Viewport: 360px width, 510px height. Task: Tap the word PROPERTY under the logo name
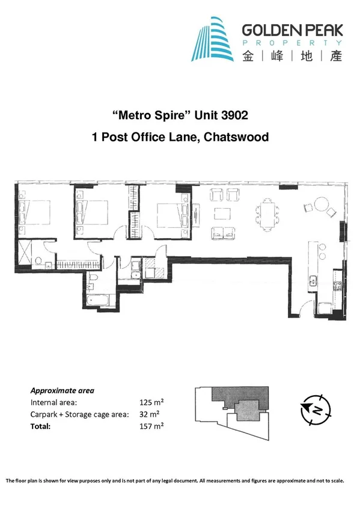292,43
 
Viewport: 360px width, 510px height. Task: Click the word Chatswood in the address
236,137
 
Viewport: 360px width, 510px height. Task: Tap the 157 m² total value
151,426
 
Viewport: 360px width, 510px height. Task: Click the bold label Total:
41,426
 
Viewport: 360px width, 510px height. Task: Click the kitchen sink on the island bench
313,280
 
